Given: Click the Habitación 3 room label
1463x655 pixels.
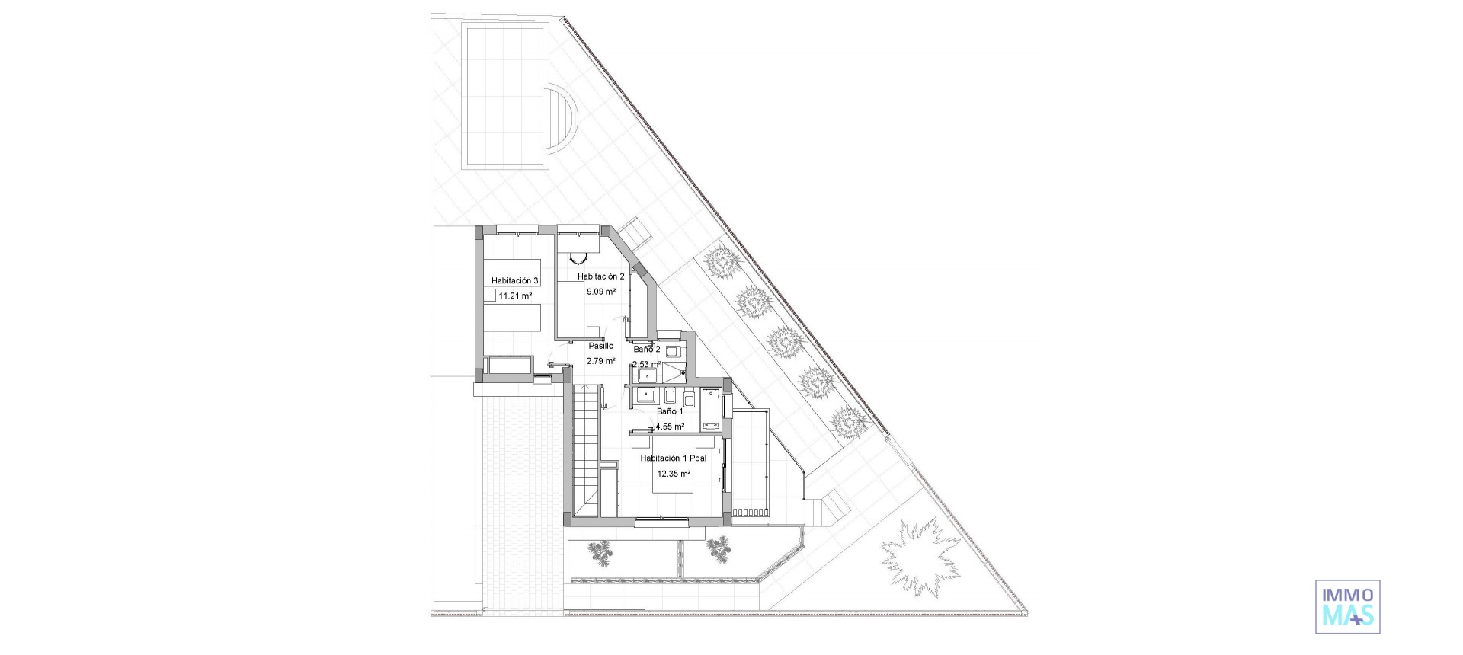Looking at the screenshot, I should click(x=514, y=281).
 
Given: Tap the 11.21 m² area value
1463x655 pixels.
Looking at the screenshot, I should click(x=514, y=296).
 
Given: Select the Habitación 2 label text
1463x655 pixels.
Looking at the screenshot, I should click(x=600, y=276).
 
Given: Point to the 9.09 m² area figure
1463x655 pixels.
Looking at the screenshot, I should click(x=600, y=292).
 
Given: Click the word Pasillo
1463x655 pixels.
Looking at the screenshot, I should click(x=600, y=346).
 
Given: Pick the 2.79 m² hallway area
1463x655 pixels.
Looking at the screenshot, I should click(x=600, y=361).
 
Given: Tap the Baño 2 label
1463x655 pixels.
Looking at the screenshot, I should click(x=647, y=349).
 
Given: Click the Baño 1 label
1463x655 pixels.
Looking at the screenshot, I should click(x=670, y=411).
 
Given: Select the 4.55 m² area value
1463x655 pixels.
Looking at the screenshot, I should click(x=670, y=427).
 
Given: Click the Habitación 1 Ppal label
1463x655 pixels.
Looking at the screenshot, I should click(x=674, y=458).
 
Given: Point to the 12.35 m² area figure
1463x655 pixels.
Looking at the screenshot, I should click(x=674, y=474).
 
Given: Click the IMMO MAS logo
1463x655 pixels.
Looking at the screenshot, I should click(x=1347, y=606).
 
